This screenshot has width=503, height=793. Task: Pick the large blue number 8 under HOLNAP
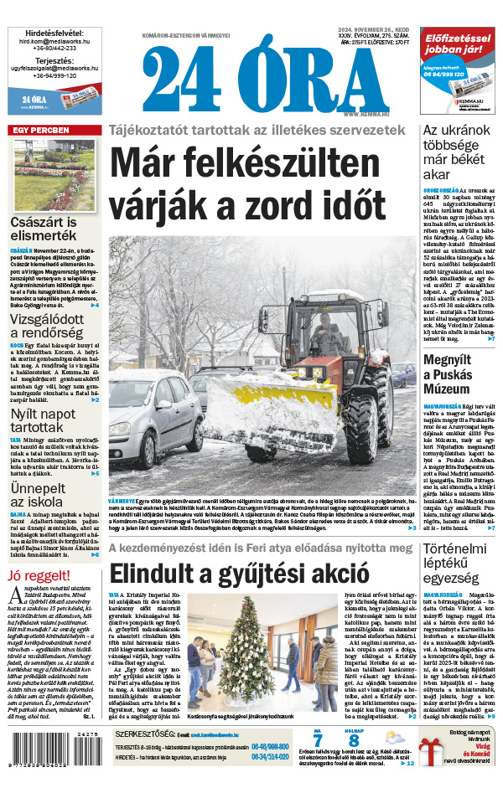[x=354, y=741]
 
